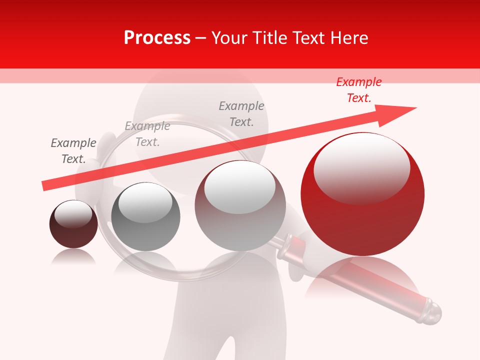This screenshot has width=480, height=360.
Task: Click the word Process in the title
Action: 157,38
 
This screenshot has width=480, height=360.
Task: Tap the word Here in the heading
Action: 348,38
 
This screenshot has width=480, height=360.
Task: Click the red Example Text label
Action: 359,90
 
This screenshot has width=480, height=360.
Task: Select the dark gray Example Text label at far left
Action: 73,151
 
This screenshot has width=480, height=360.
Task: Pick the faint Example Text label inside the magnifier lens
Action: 147,134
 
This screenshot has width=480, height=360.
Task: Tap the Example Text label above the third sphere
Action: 241,114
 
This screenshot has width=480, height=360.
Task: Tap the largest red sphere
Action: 362,220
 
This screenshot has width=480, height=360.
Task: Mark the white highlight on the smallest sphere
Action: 73,214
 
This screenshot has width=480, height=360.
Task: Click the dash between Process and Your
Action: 201,38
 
